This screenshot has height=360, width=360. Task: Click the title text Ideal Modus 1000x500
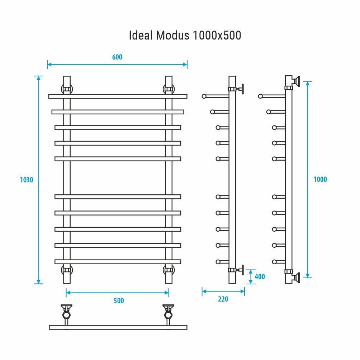(x=185, y=36)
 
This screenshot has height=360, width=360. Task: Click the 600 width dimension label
(x=117, y=57)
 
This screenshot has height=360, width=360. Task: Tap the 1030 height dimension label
(x=27, y=180)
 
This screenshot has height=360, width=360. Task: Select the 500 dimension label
(x=119, y=300)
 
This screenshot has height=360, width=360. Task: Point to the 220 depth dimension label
(x=223, y=299)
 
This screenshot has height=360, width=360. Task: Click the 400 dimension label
(x=260, y=277)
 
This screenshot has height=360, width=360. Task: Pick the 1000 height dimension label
(x=320, y=179)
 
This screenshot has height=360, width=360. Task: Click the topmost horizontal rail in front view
(x=118, y=96)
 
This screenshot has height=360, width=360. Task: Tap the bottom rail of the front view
(x=118, y=261)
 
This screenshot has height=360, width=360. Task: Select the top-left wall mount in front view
(x=67, y=89)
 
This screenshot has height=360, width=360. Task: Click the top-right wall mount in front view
(x=169, y=89)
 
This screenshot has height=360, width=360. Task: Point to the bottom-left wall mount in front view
(x=67, y=270)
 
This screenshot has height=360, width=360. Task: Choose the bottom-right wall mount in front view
(x=169, y=270)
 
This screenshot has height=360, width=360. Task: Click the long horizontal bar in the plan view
(x=118, y=327)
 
